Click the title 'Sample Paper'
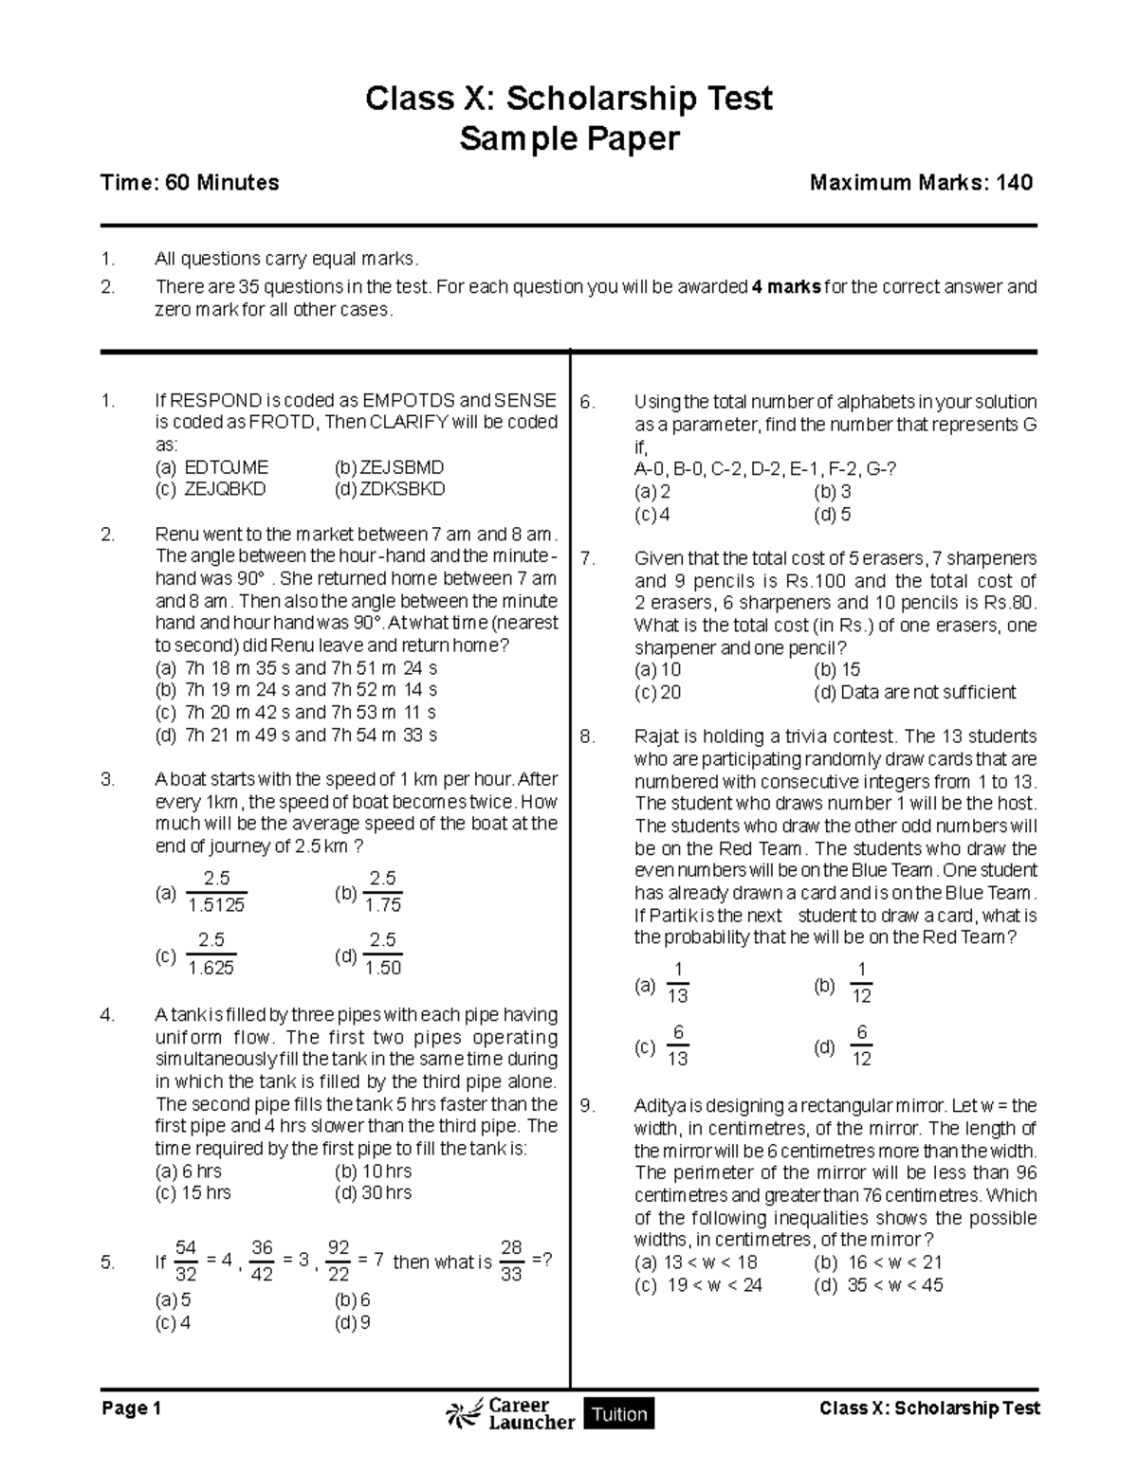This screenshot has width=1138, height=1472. [569, 139]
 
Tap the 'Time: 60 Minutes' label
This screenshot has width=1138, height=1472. [190, 183]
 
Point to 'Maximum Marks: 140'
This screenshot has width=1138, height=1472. [921, 183]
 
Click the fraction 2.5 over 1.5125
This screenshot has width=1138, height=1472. [216, 892]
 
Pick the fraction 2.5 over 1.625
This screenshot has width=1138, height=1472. [211, 954]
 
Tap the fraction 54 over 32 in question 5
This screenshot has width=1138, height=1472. [186, 1262]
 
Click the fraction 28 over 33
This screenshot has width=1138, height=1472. [511, 1262]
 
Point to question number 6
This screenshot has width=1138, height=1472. [587, 403]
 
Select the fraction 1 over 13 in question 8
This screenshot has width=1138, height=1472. [677, 982]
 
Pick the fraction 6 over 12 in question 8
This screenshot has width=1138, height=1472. [861, 1045]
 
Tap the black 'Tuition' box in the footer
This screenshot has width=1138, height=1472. [619, 1414]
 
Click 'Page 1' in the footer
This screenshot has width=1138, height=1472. [131, 1409]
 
